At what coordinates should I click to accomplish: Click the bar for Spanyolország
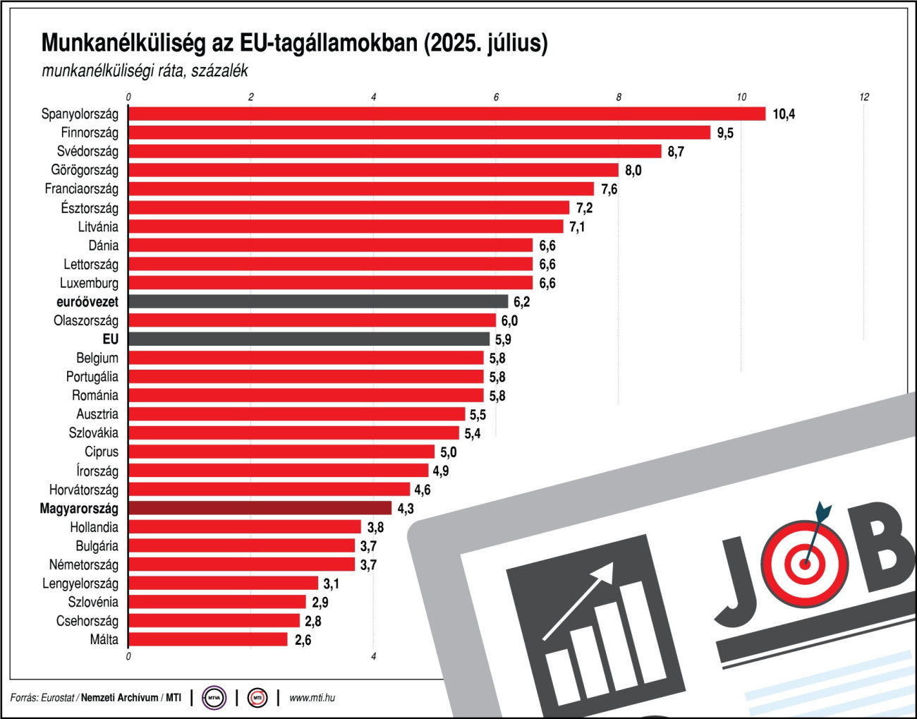447,114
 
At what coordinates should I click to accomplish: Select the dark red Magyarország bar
260,508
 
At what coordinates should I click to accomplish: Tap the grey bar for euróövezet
318,301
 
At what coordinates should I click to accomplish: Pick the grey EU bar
309,339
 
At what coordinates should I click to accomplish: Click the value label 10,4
784,114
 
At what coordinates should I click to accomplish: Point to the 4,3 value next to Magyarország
406,509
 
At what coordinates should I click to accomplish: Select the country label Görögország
85,170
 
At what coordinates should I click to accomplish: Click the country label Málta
104,640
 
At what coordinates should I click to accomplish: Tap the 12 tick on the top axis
864,97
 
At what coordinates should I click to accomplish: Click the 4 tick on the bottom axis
374,657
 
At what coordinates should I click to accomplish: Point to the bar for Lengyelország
224,584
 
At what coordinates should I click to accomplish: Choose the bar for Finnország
420,133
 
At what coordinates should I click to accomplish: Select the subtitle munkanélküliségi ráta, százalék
145,71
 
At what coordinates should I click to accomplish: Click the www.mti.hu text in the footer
312,698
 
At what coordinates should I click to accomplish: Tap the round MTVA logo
214,698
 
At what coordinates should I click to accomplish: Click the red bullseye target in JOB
804,563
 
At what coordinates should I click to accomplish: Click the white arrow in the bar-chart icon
578,600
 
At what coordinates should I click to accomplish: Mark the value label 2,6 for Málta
303,640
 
